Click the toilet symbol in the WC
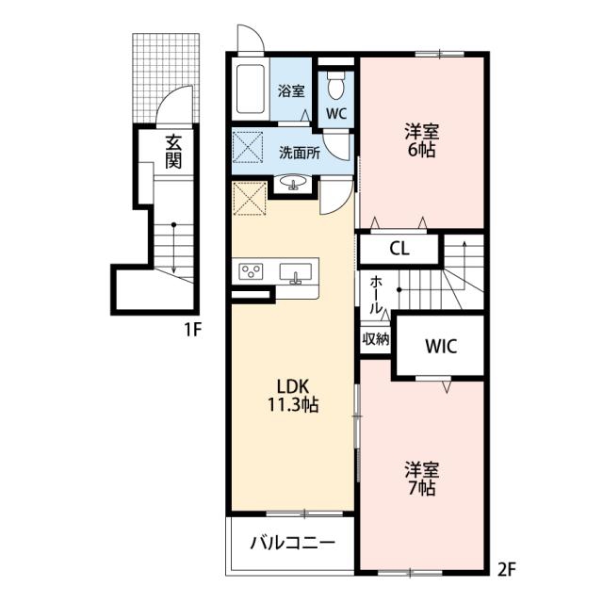(335, 86)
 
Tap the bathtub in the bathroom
(251, 89)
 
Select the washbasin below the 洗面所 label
(293, 182)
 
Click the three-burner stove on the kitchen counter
(251, 271)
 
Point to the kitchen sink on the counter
(295, 273)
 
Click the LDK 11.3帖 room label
(293, 395)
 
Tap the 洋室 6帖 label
(421, 140)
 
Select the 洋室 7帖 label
(421, 479)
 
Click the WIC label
(441, 346)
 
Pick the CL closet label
(399, 249)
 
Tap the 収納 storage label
(376, 339)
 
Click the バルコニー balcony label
(293, 543)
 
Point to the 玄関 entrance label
(173, 152)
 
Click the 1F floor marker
(193, 330)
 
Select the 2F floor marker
(506, 569)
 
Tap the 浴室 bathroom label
(291, 91)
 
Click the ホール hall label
(376, 295)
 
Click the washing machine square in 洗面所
(248, 147)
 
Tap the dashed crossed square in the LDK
(249, 199)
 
